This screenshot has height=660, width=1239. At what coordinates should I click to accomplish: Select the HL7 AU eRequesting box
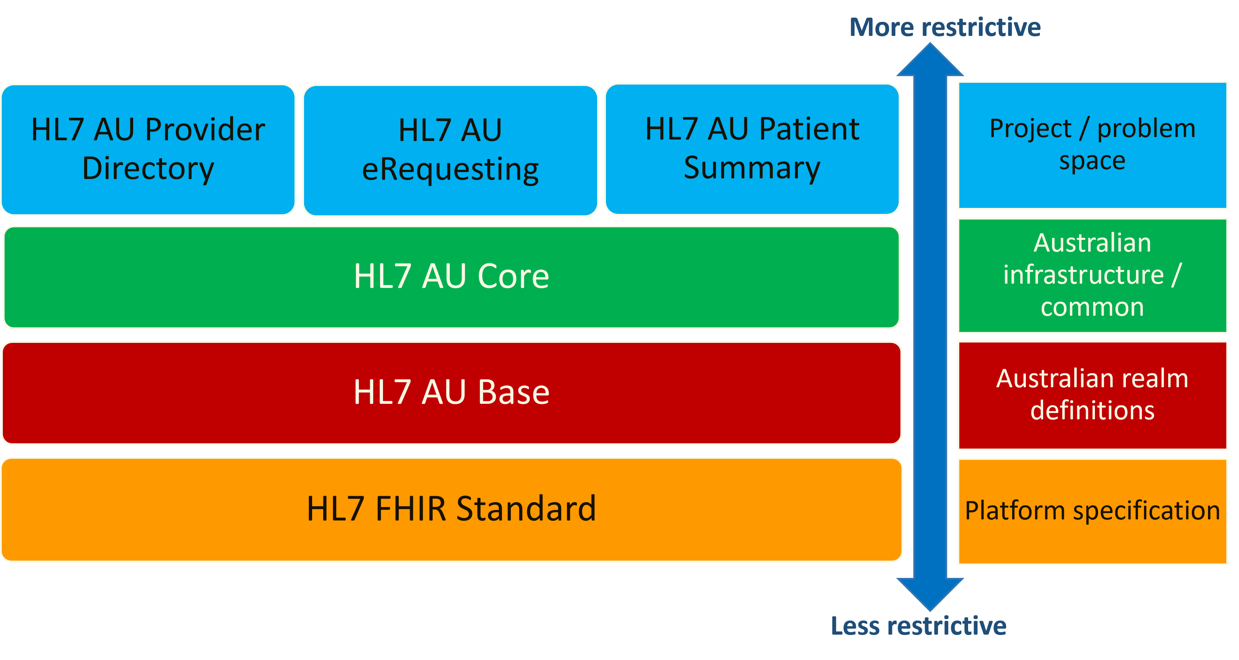pos(450,150)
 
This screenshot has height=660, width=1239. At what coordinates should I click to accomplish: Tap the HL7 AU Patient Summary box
pos(752,149)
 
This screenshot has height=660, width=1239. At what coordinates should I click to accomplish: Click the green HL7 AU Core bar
pos(451,277)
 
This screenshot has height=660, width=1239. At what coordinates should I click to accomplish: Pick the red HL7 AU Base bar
pos(451,393)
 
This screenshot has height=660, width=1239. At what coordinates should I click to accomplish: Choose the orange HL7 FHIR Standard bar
pos(451,509)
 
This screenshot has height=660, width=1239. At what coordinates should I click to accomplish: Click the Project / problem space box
pos(1092,145)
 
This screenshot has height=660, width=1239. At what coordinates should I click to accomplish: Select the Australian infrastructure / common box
pos(1092,275)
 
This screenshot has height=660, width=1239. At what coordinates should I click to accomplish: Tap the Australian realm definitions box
pos(1092,395)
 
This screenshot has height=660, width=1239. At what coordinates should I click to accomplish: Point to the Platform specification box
pos(1092,511)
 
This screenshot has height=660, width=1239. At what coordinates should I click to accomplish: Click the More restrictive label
pos(944,27)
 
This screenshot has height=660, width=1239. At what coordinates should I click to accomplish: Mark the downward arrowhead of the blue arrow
pos(930,594)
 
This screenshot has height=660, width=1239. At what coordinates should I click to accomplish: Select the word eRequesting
pos(450,170)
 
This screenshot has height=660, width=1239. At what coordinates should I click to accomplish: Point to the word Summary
pos(752,168)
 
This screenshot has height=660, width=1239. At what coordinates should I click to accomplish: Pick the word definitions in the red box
pos(1092,410)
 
